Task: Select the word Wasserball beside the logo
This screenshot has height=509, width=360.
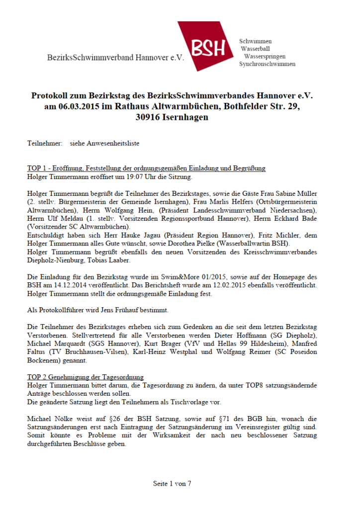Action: point(256,49)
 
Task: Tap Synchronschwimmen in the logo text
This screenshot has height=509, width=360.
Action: point(267,64)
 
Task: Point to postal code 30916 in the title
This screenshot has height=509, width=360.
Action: point(149,118)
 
